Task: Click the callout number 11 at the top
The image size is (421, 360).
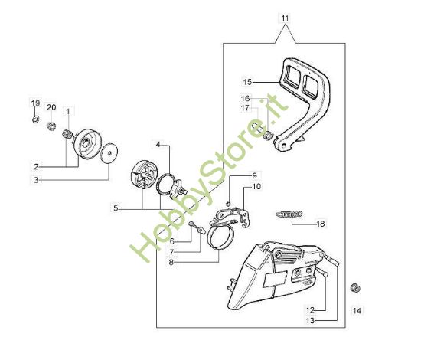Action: (285, 18)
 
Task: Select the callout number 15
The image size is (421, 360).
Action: (247, 82)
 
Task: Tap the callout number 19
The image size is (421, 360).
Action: (35, 103)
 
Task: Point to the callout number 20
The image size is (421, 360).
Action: (51, 107)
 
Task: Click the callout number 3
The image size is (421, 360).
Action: (36, 180)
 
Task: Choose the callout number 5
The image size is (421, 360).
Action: (116, 208)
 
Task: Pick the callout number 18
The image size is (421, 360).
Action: (321, 224)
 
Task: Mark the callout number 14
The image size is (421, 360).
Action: (357, 311)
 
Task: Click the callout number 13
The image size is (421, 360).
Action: (310, 320)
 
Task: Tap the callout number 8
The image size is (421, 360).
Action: (171, 262)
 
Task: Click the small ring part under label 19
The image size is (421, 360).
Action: (35, 119)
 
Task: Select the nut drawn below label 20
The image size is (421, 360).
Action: (51, 126)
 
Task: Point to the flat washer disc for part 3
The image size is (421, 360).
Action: (109, 153)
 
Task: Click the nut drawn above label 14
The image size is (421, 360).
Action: (355, 288)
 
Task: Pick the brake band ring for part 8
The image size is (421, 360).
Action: (221, 235)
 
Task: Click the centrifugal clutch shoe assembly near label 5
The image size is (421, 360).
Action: (143, 175)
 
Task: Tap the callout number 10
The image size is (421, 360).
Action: (256, 186)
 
